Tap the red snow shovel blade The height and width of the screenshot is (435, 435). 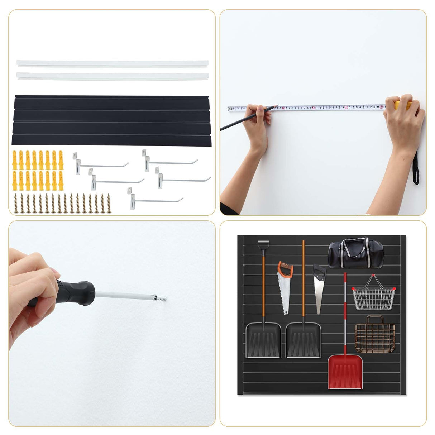345,372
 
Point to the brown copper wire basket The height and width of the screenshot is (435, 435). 374,335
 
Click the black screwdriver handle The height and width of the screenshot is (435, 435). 73,292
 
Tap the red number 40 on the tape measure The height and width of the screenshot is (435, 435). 346,107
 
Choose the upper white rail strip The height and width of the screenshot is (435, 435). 112,63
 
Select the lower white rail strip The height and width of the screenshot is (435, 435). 112,76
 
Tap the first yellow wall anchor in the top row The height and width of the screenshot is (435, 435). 15,160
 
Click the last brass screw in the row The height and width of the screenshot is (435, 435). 109,203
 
